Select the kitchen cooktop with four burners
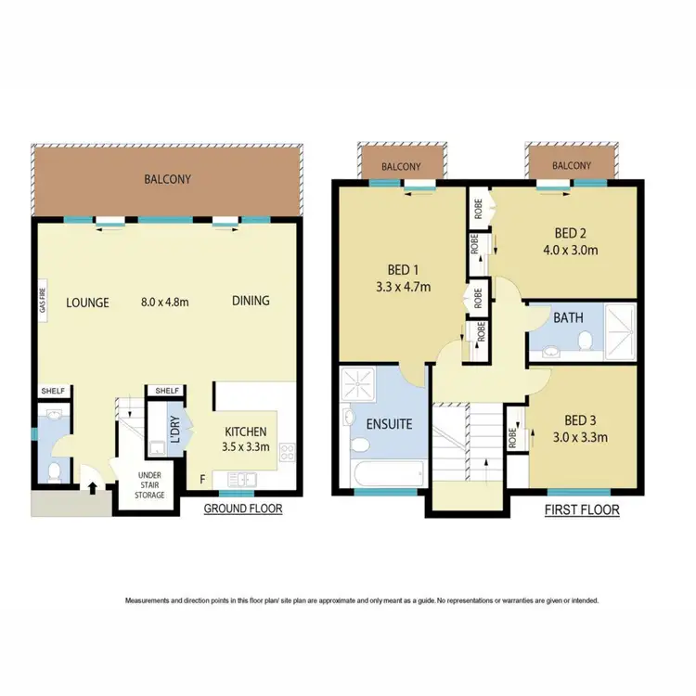(x=288, y=455)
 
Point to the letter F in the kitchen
(x=202, y=479)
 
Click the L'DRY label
(x=174, y=429)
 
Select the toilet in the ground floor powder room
(x=54, y=472)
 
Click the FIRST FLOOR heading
(x=581, y=510)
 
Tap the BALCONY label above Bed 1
(x=401, y=167)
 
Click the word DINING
(x=251, y=301)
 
